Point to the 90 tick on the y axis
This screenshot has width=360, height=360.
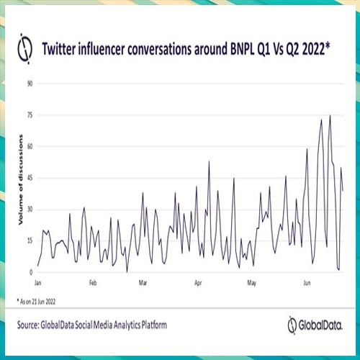30,84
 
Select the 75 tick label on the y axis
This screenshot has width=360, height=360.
30,115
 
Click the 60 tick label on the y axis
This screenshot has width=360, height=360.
30,146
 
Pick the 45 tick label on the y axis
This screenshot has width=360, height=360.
30,178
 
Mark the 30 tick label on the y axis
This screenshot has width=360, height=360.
30,210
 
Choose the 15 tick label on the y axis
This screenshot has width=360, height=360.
30,240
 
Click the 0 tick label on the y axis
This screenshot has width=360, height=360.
31,272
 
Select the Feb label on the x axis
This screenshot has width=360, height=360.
92,283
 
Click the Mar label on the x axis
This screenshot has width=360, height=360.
143,283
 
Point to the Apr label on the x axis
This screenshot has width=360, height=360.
198,283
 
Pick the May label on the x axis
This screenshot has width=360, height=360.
251,283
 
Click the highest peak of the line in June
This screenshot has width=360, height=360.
330,115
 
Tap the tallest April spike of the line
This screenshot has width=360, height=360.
209,161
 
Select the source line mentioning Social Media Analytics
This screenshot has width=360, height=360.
93,325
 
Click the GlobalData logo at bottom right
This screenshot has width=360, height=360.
315,325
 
